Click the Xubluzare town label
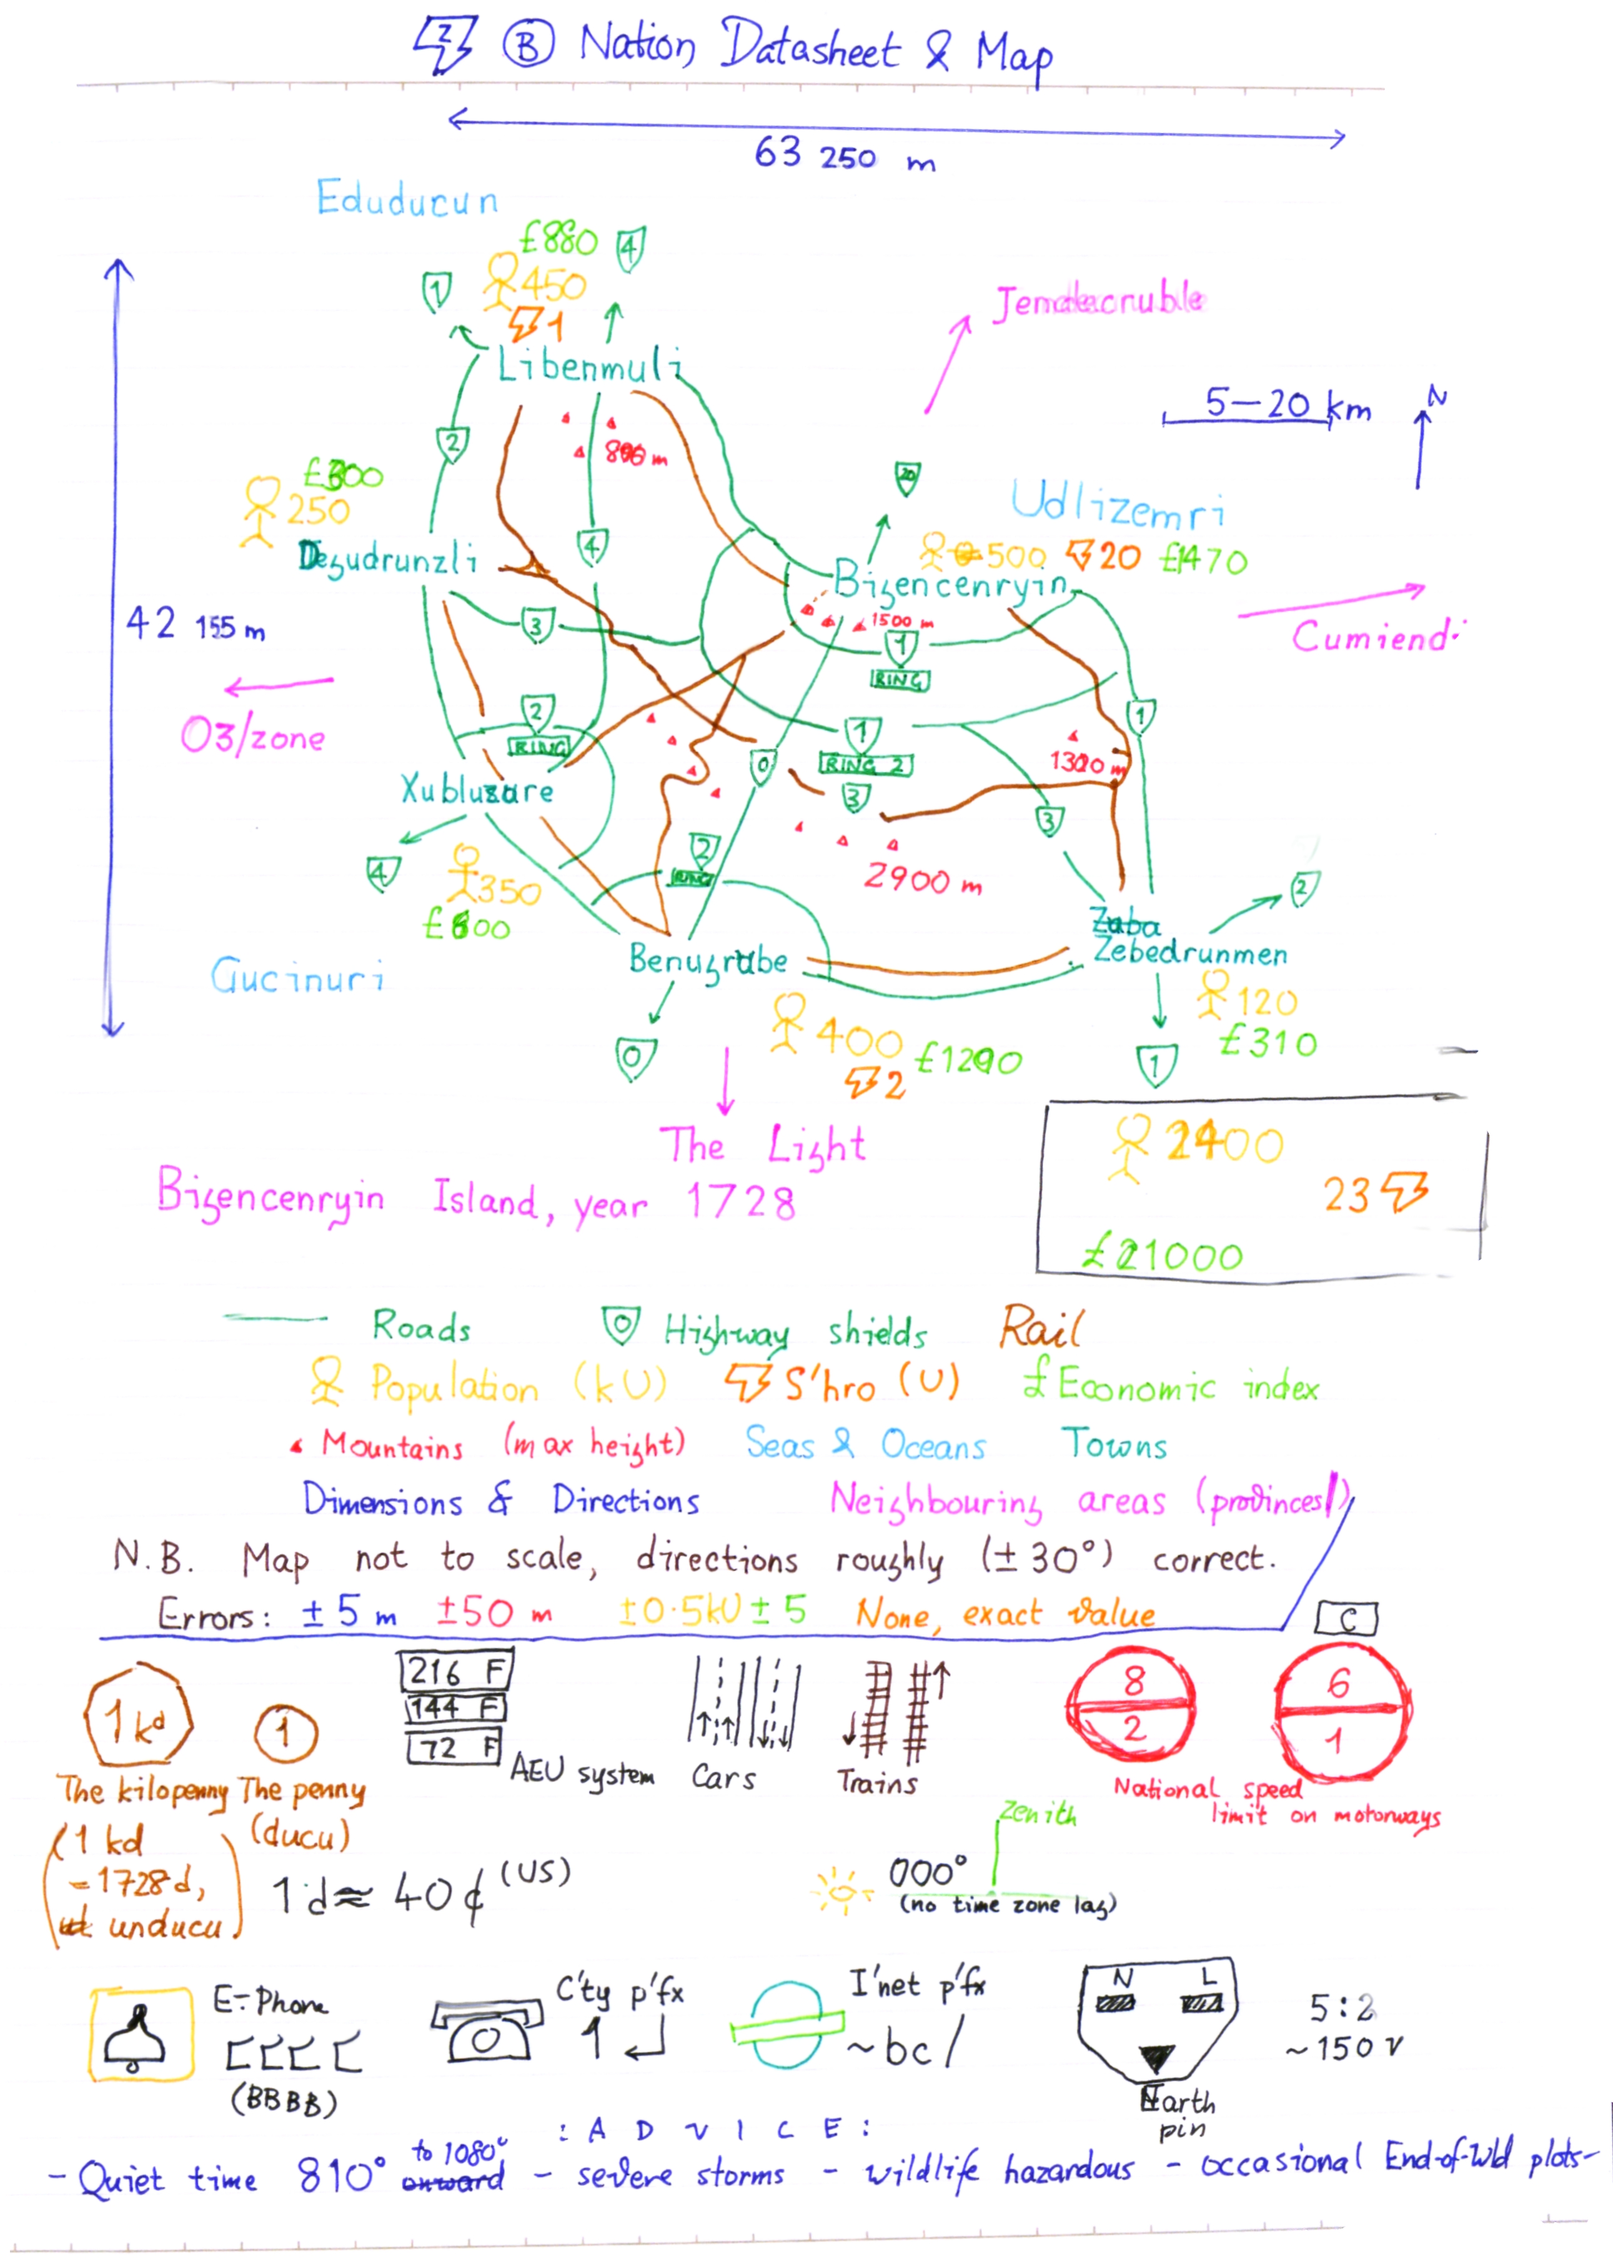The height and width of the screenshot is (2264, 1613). tap(477, 790)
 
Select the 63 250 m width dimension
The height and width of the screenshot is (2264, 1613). tap(843, 155)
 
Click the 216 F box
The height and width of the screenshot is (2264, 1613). tap(455, 1671)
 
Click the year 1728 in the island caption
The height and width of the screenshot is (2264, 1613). tap(741, 1203)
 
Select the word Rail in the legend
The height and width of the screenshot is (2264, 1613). tap(1040, 1327)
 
